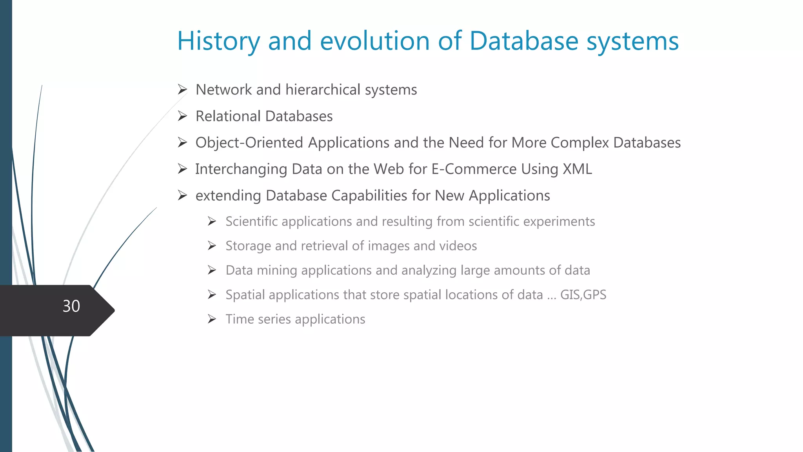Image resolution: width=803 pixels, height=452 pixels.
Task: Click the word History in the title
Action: coord(218,41)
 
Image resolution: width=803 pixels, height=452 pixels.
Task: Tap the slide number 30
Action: coord(71,306)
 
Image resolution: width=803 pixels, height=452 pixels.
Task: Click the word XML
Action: coord(577,169)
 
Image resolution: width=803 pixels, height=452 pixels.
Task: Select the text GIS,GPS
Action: coord(583,295)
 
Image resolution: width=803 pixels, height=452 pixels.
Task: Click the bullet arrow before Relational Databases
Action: coord(182,116)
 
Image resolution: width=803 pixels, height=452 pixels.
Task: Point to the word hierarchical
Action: coord(323,90)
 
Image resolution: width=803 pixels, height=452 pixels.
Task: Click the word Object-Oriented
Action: coord(249,143)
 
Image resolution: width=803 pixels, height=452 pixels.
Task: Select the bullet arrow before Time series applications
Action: coord(212,319)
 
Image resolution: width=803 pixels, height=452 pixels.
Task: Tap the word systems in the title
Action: coord(632,41)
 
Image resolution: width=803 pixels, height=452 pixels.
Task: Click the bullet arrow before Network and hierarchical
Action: coord(182,90)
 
